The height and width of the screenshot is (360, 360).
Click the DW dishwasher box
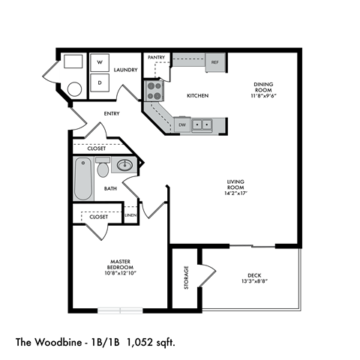182,124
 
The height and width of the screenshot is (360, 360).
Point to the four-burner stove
154,91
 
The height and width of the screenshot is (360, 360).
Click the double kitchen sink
202,124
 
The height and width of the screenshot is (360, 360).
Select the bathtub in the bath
83,178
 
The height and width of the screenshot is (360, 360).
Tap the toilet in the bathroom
103,168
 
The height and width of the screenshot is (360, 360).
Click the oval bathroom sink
125,164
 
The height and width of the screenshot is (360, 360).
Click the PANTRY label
156,57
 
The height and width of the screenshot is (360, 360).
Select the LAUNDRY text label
125,70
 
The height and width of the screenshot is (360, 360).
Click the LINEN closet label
130,216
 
